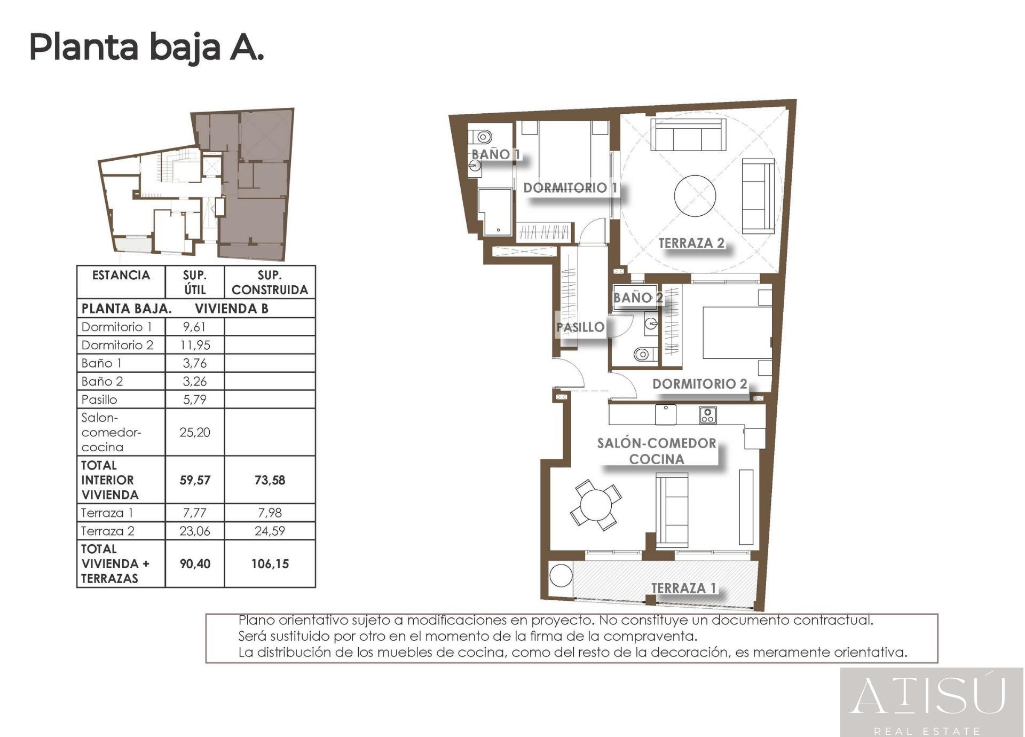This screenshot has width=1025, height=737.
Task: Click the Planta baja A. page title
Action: point(146,48)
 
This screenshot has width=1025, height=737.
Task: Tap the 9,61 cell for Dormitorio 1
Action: point(194,327)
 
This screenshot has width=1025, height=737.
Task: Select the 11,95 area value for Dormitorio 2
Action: point(194,345)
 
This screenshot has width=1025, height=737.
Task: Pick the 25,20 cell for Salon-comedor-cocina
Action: point(194,432)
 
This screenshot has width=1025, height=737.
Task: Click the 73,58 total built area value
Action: point(270,480)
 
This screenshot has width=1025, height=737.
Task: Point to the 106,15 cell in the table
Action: point(270,564)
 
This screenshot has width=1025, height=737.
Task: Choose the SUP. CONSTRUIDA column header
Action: point(270,283)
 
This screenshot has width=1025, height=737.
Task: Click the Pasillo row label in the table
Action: point(99,399)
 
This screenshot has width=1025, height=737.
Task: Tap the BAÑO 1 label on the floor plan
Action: point(495,154)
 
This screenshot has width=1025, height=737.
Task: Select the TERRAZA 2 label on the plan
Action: point(691,243)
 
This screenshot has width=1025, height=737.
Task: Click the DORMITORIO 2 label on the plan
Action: point(699,384)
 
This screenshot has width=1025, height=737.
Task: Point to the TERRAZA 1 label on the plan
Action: point(684,588)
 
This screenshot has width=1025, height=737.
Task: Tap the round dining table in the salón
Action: point(595,504)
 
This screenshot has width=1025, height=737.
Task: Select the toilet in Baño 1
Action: point(482,137)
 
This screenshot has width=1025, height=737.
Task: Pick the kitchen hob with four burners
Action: point(707,415)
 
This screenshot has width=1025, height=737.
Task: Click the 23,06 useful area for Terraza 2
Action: point(194,531)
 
